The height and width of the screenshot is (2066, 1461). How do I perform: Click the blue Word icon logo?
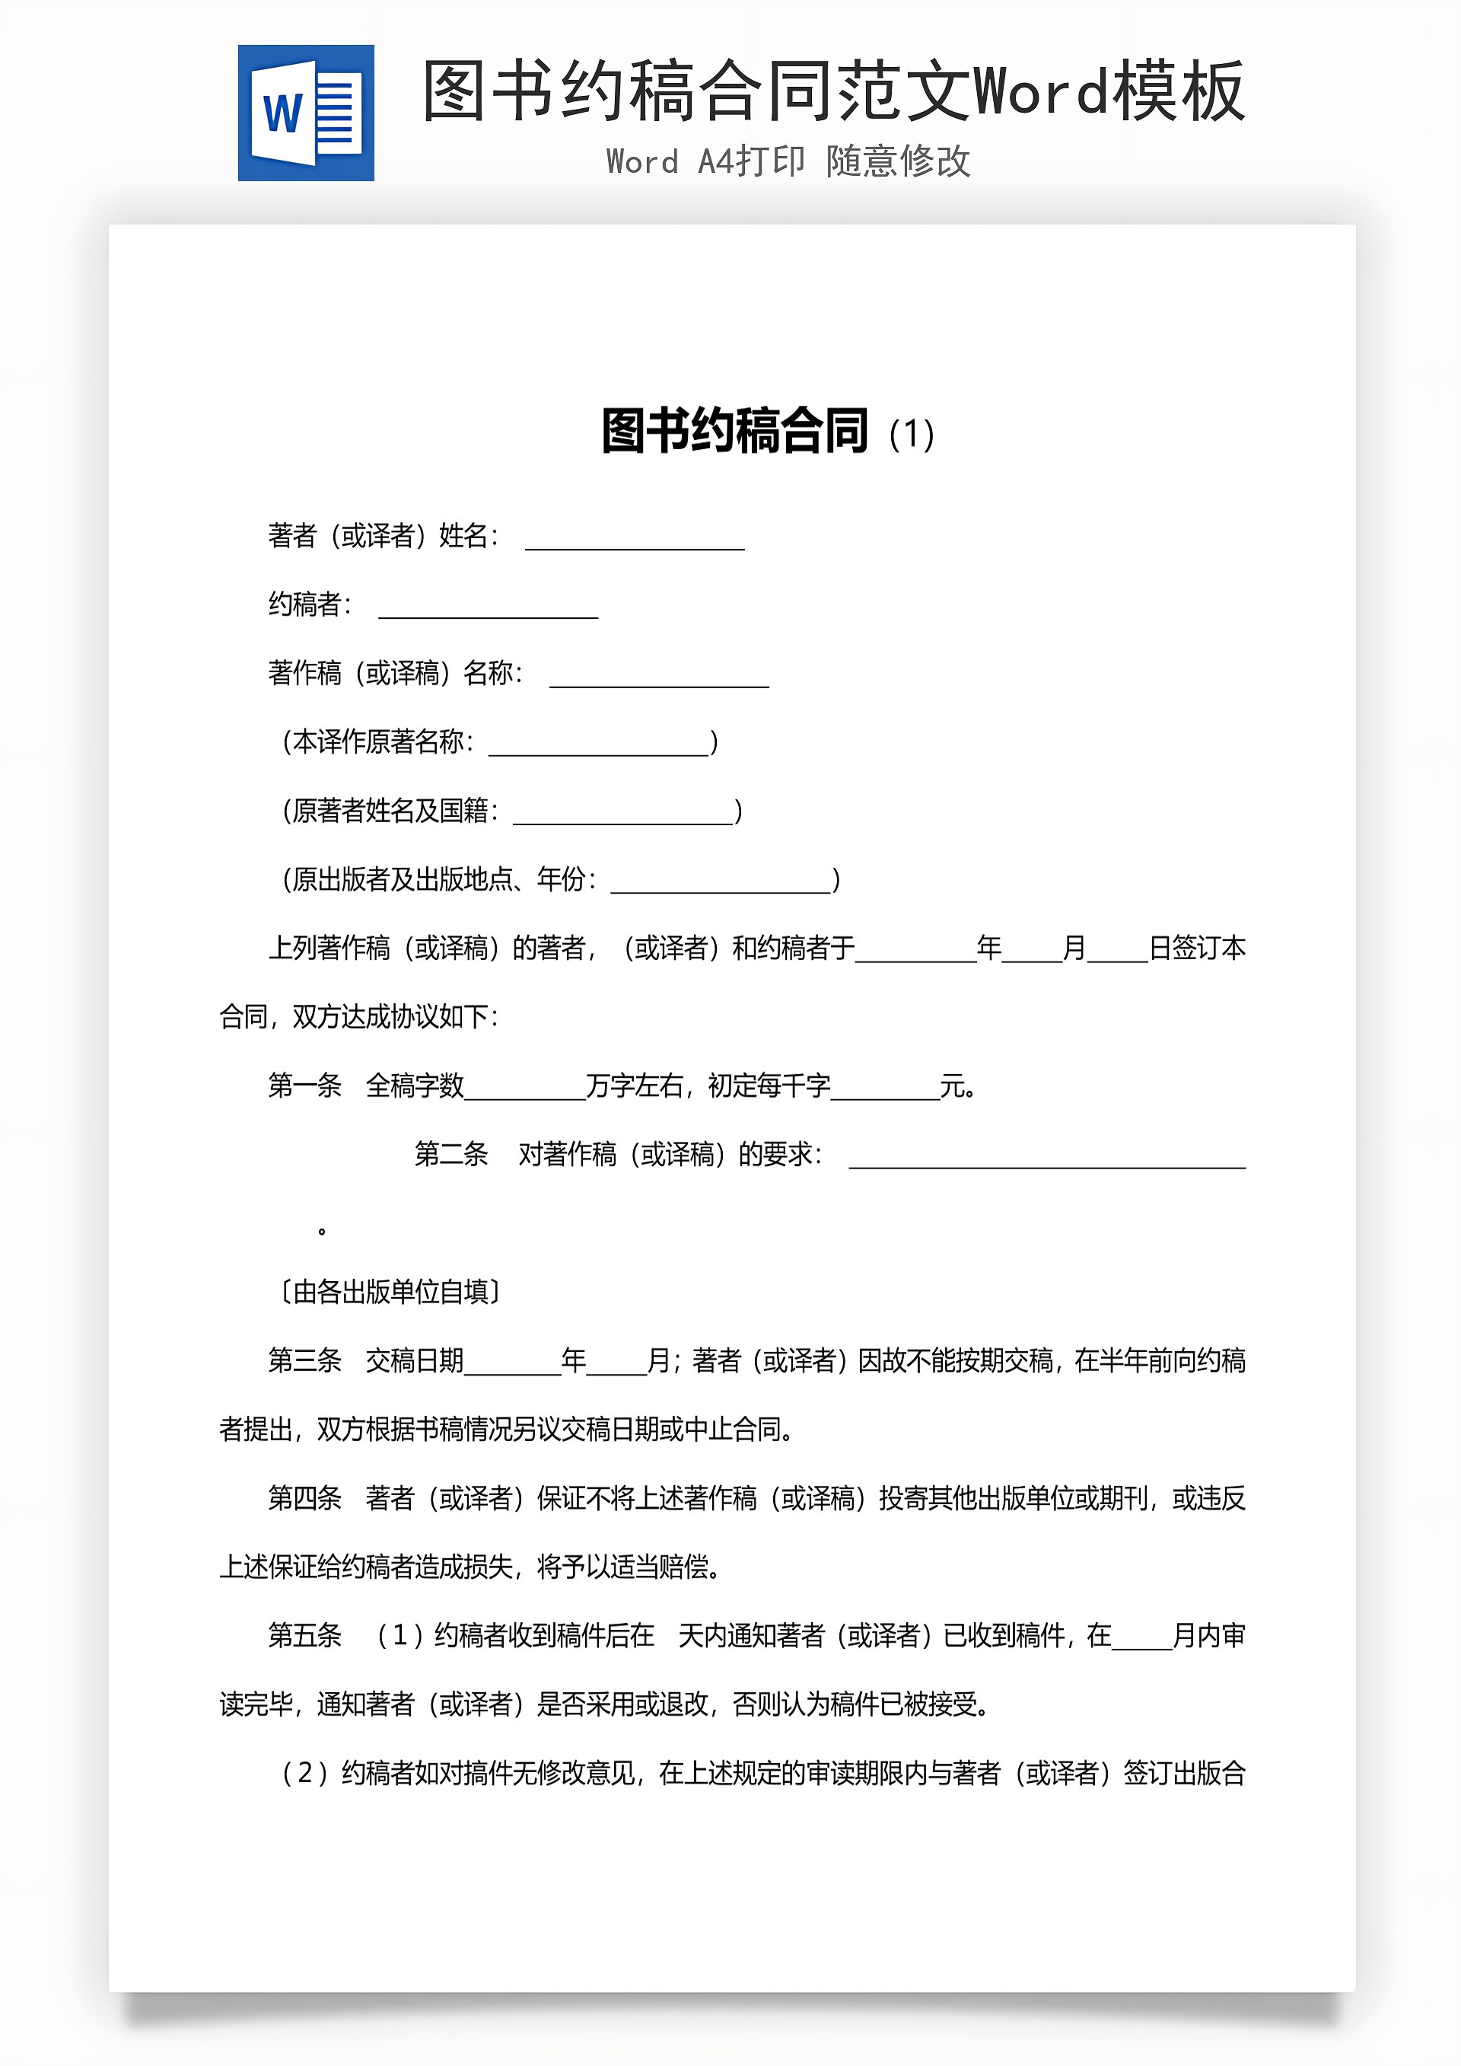(306, 113)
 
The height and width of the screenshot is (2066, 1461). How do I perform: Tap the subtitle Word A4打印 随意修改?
(788, 162)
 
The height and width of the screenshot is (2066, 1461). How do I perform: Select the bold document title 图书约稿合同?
(735, 432)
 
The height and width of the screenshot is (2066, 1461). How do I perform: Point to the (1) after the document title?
(912, 435)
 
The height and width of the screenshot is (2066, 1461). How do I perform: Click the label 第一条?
(305, 1086)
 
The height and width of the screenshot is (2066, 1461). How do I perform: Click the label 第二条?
(450, 1155)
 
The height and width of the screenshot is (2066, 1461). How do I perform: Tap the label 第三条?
(305, 1360)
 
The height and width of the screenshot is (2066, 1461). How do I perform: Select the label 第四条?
(305, 1498)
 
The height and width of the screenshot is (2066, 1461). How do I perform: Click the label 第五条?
(305, 1636)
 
